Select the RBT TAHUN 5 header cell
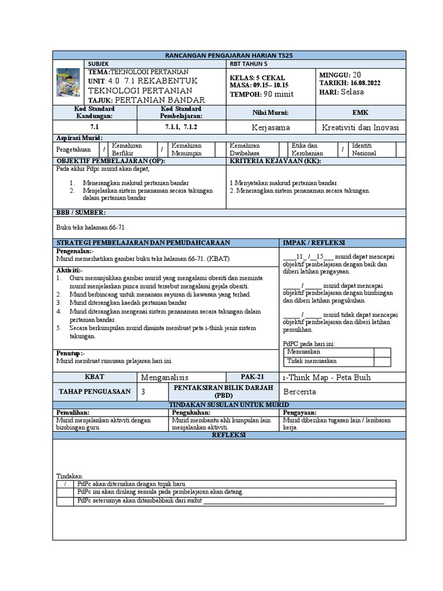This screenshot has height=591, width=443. (x=249, y=63)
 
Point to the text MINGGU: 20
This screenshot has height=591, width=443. (x=341, y=74)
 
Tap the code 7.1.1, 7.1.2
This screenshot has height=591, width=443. (x=181, y=127)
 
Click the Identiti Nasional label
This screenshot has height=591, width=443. (x=364, y=149)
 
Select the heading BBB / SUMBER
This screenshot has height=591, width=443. (x=81, y=213)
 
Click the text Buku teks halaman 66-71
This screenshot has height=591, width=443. (x=92, y=227)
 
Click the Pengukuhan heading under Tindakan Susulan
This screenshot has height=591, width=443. (x=189, y=413)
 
